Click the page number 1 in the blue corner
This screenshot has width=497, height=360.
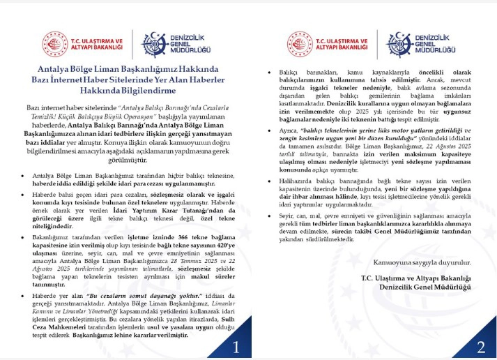click(x=236, y=347)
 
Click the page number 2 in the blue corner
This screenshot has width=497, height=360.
click(x=480, y=347)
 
